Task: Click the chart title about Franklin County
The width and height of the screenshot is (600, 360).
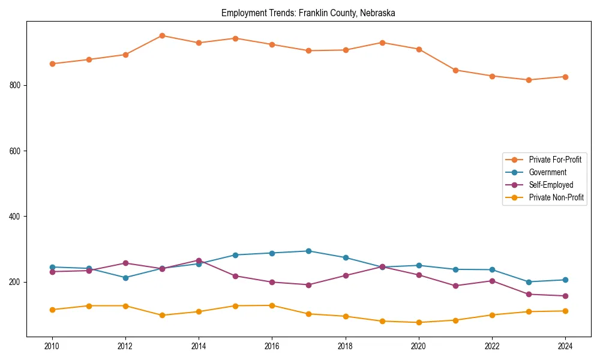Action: pos(308,13)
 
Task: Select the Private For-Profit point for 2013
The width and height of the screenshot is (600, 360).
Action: pos(162,35)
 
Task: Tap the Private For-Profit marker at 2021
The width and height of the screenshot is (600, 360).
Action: pos(455,70)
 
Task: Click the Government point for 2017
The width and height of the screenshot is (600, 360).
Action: pos(308,251)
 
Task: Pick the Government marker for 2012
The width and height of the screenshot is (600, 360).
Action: pos(125,278)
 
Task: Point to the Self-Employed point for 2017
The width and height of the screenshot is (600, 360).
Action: pos(308,285)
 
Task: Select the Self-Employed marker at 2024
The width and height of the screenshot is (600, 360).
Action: pos(565,296)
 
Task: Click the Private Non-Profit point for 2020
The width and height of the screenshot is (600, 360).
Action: pos(419,322)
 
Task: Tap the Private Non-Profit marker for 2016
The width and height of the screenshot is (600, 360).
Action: pos(272,305)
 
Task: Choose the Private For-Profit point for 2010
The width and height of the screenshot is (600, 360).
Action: pos(52,64)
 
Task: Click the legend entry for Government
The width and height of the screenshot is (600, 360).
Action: pos(547,172)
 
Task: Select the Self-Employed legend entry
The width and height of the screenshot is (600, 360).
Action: pos(551,185)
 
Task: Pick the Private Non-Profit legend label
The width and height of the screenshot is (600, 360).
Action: pos(556,197)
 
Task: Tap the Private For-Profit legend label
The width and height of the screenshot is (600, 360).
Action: pos(555,160)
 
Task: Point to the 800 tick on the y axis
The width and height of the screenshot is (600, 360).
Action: pos(16,85)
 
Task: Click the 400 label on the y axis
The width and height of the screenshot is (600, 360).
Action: pos(16,217)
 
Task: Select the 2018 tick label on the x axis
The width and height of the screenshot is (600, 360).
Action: pos(345,346)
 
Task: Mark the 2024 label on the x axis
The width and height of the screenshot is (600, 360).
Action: pos(565,346)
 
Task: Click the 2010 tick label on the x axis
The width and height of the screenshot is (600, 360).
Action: pos(52,346)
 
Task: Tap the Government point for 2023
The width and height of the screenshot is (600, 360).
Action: pos(529,282)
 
